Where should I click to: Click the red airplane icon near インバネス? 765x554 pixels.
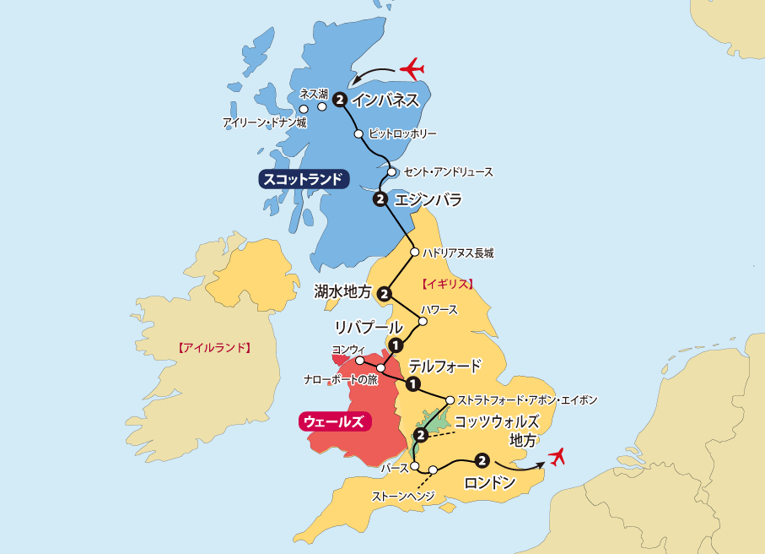(412, 68)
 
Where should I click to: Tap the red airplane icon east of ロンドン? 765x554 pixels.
(555, 457)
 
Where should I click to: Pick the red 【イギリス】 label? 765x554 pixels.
(448, 284)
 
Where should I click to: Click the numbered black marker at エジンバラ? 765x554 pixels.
(380, 199)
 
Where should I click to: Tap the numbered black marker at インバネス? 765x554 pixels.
(339, 100)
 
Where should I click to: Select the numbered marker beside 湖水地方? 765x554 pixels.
(384, 294)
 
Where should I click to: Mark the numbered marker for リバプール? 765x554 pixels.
(395, 344)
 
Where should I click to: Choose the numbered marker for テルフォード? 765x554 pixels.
(412, 384)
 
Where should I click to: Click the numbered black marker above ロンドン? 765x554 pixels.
(482, 460)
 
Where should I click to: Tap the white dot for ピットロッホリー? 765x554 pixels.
(358, 133)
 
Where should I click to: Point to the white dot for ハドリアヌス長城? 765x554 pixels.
(414, 252)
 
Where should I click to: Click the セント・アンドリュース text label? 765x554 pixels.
(448, 171)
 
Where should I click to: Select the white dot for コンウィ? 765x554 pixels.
(360, 361)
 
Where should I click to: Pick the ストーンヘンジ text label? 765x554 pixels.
(402, 496)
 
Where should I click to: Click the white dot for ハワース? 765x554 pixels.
(424, 321)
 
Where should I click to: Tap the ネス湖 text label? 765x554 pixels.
(314, 94)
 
